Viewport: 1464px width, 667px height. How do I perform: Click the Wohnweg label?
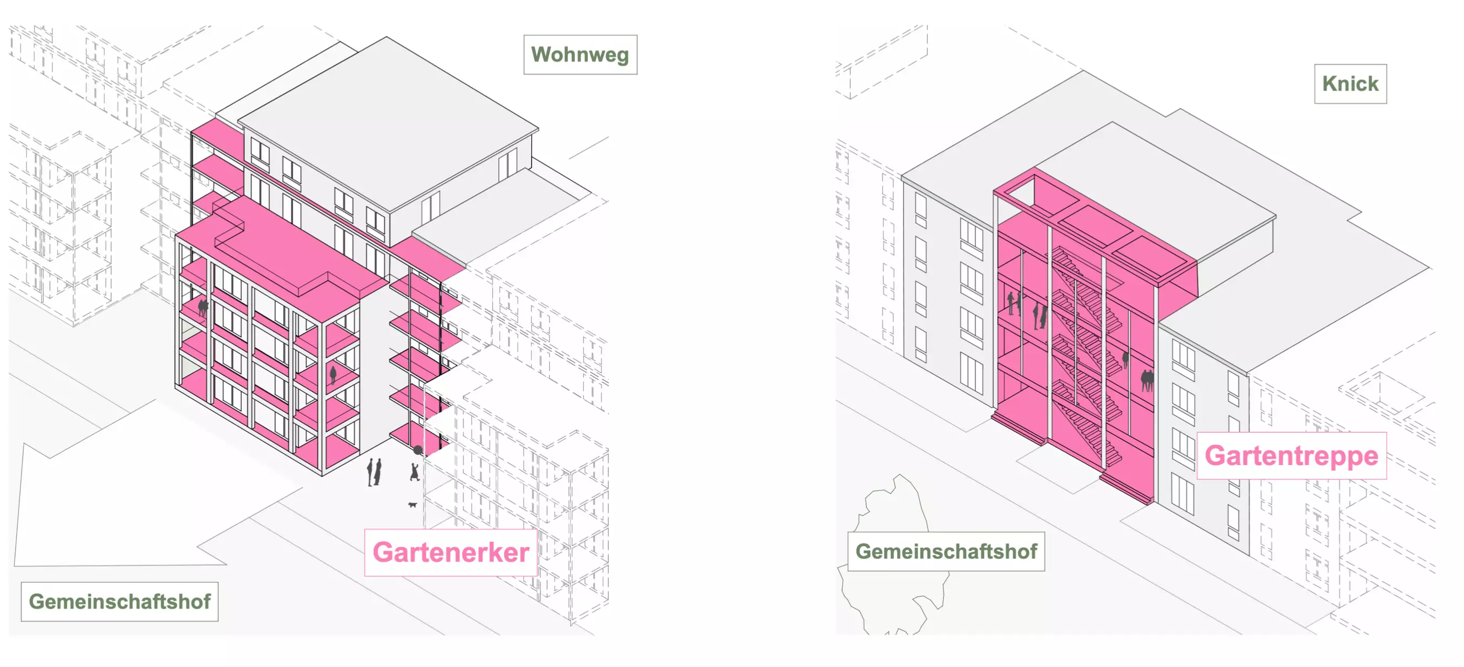580,55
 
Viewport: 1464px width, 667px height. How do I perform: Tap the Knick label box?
1350,84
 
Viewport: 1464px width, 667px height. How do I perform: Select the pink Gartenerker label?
451,552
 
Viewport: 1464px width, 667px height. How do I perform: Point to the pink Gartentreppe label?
1291,455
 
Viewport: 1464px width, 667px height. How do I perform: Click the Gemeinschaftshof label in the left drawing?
119,601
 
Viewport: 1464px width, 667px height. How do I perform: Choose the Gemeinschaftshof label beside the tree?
946,551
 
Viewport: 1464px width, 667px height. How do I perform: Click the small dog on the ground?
412,505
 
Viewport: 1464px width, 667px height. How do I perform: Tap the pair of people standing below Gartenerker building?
374,472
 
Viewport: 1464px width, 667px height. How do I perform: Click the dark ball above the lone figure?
418,450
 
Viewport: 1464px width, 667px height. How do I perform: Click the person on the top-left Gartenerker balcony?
202,308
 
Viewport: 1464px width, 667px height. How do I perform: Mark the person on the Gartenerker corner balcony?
333,374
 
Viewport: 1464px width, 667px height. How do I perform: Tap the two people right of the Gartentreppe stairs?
1147,379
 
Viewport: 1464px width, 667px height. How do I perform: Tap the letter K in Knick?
1329,84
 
